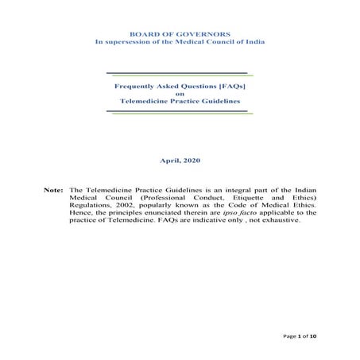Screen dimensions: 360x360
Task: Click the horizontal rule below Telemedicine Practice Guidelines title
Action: (x=180, y=112)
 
